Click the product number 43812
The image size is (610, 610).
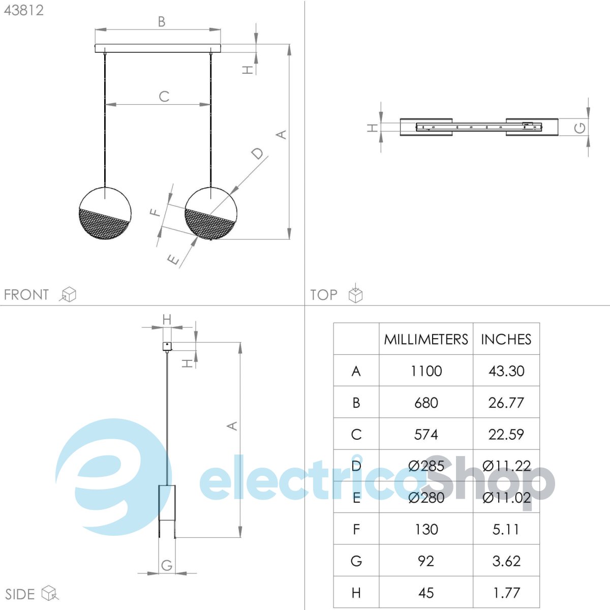click(x=24, y=11)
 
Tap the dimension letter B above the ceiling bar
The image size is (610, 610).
click(x=162, y=21)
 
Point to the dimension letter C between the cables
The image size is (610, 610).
click(x=164, y=96)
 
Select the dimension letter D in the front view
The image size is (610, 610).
click(x=257, y=154)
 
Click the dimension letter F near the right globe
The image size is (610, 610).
click(x=156, y=212)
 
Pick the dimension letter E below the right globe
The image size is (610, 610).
click(x=173, y=260)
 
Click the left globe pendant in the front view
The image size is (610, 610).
click(x=105, y=213)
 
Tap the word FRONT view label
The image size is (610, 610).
click(x=26, y=295)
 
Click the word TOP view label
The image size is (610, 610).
click(x=323, y=295)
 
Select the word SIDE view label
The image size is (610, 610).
click(x=20, y=594)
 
